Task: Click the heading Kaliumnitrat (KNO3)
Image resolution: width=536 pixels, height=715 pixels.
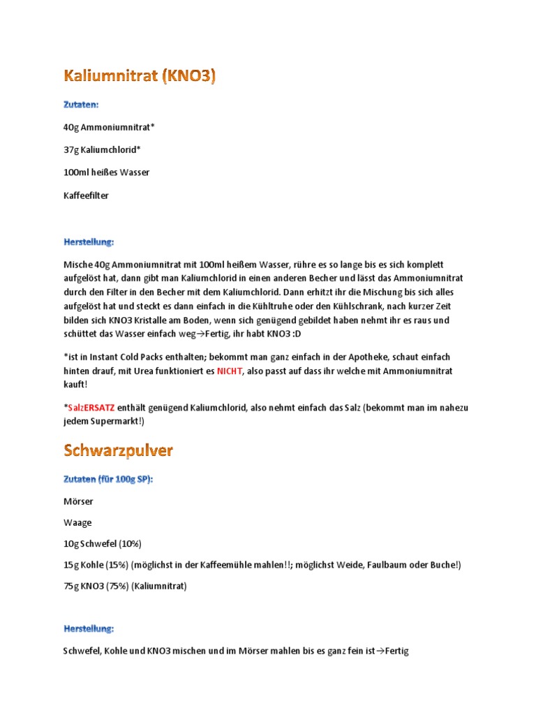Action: point(140,75)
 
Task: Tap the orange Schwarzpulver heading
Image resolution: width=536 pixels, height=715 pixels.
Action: point(118,450)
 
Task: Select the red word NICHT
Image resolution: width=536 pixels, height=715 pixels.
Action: point(229,371)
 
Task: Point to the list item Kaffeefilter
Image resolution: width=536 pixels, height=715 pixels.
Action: point(86,196)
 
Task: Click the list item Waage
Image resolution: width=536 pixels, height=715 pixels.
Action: point(77,522)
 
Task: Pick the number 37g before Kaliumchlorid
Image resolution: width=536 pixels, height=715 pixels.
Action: point(71,149)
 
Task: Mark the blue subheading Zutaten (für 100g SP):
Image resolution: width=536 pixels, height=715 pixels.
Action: point(108,480)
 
